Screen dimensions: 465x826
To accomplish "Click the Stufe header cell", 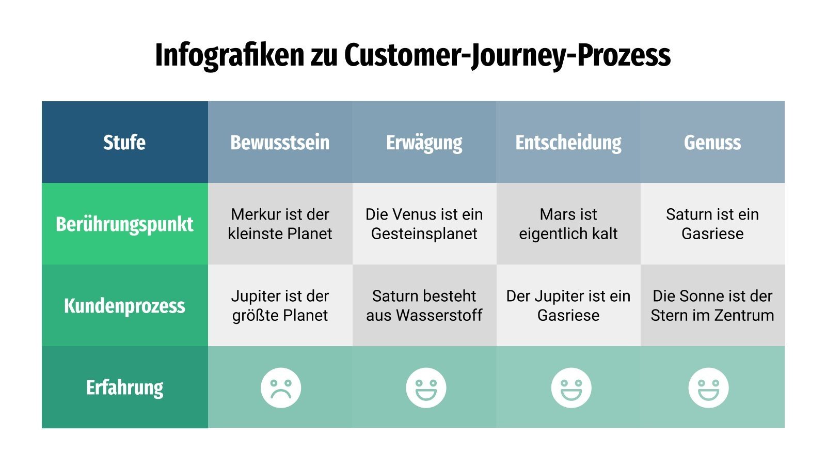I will click(x=124, y=142).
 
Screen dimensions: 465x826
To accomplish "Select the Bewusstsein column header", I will click(x=280, y=142).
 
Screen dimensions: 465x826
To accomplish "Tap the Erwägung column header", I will click(x=424, y=142).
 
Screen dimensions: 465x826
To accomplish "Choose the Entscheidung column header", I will click(x=568, y=142).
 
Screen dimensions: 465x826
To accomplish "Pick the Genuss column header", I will click(x=712, y=142).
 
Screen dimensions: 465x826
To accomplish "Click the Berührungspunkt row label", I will click(x=124, y=224).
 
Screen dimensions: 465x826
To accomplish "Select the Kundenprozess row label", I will click(x=124, y=305).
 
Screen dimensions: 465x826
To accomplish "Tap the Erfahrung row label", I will click(x=124, y=387).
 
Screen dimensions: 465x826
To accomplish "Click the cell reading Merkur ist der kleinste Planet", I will click(x=280, y=224).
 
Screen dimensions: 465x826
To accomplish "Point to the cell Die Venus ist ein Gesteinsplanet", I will click(x=424, y=224).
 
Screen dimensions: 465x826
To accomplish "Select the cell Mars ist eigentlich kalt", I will click(x=568, y=224).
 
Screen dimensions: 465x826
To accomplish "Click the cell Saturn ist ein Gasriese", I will click(x=712, y=224).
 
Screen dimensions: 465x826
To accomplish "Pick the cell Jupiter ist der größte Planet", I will click(x=280, y=305).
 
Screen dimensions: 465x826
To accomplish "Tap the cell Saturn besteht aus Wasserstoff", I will click(x=424, y=305).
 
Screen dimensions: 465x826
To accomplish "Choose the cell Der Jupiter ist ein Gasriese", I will click(x=568, y=305).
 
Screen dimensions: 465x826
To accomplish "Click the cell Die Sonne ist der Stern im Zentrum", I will click(x=712, y=305).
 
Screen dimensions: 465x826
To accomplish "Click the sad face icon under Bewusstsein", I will click(x=281, y=388).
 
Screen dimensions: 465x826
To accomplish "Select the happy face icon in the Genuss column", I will click(x=708, y=388).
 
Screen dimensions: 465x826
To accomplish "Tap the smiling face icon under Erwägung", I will click(x=426, y=388).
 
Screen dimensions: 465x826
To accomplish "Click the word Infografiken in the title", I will click(x=229, y=55).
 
